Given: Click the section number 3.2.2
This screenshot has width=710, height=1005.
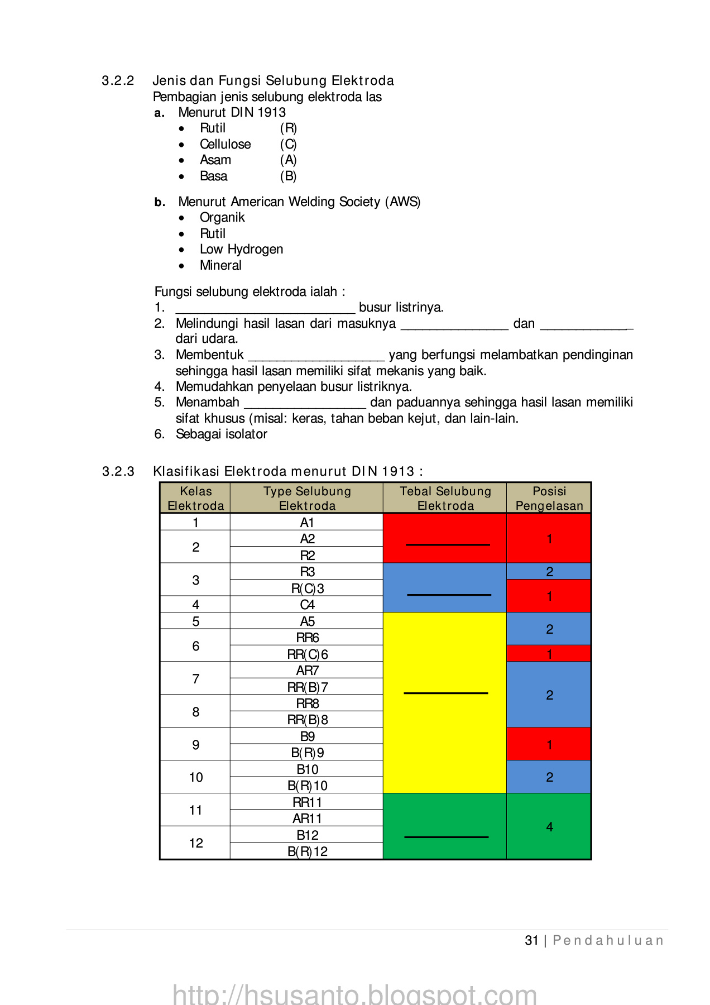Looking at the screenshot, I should [x=118, y=81].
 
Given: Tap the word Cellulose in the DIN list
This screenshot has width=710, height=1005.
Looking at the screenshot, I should [x=225, y=145].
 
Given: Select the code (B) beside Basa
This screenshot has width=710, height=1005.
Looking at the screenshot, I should [x=288, y=176].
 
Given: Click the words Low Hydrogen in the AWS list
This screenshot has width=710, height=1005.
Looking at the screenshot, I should [x=241, y=250].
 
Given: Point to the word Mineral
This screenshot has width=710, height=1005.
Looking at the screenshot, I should [x=220, y=266].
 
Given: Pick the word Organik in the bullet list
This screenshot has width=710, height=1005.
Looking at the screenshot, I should [x=222, y=218].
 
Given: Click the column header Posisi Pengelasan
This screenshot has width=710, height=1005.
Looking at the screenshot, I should [x=549, y=498].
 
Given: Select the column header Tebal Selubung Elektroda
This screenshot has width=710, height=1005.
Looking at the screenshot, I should [x=445, y=498].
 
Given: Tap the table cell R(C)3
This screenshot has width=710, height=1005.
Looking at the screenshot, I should [x=307, y=588].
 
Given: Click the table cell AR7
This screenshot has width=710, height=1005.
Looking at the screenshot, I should [x=307, y=671].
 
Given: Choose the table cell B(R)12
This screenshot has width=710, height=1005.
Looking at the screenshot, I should [x=307, y=851].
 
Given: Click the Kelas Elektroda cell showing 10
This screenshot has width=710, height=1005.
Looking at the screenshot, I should [x=195, y=777].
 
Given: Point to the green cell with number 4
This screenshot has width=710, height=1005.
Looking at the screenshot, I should [x=549, y=827].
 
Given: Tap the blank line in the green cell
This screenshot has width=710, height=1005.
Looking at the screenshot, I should [x=446, y=836].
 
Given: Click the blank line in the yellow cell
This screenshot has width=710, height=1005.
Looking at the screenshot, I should [x=445, y=693].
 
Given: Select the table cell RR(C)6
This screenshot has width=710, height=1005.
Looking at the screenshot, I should [x=307, y=654].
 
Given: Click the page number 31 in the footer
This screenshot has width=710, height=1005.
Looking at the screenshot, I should [x=531, y=941].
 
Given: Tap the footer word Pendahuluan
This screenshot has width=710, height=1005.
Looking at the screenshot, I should [x=608, y=941].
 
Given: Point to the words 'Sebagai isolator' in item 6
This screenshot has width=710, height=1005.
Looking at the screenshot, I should [x=221, y=434].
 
